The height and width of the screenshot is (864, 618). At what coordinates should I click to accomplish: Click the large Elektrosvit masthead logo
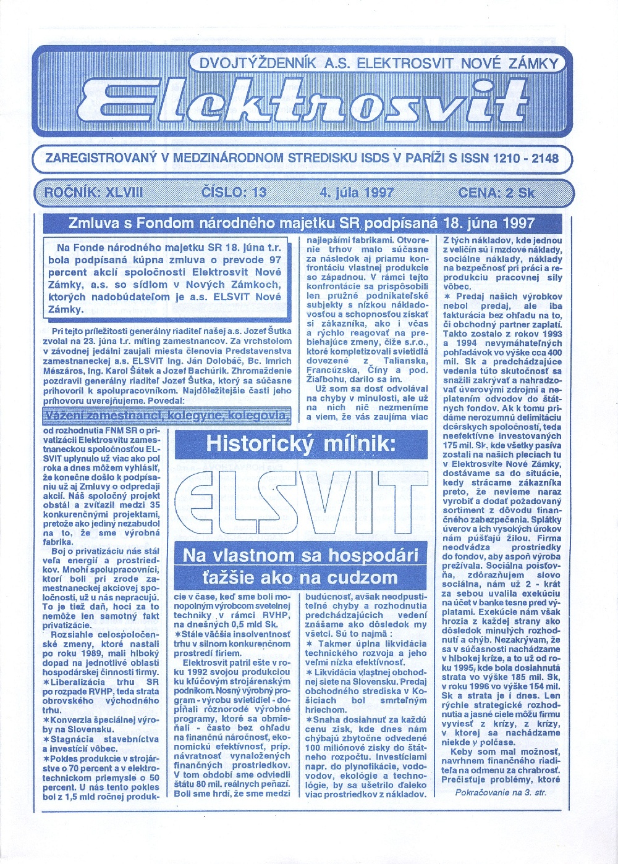pyautogui.click(x=303, y=102)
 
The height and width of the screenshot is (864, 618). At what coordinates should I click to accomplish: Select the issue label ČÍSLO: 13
pyautogui.click(x=234, y=192)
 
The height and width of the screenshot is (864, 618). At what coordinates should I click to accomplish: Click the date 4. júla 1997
pyautogui.click(x=357, y=192)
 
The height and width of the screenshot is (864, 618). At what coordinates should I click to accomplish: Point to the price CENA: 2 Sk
pyautogui.click(x=496, y=192)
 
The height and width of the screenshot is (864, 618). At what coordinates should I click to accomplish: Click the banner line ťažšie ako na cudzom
pyautogui.click(x=300, y=577)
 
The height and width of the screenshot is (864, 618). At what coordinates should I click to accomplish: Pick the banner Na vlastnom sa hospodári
pyautogui.click(x=300, y=555)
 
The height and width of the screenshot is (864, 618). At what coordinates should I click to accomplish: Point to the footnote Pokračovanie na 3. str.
pyautogui.click(x=501, y=792)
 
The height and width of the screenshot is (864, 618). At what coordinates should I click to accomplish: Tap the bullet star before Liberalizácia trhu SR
pyautogui.click(x=46, y=681)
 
